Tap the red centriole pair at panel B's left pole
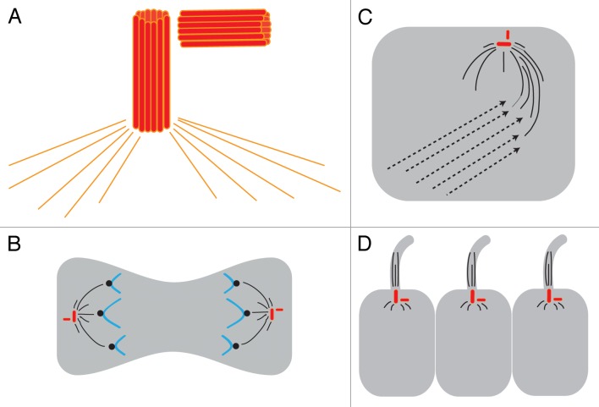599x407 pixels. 73,317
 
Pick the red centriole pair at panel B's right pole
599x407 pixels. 272,314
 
